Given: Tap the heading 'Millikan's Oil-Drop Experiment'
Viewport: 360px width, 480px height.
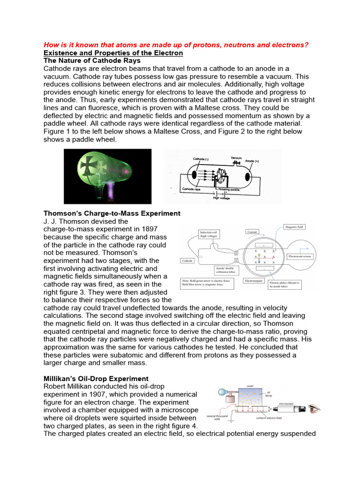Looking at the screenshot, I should [x=96, y=378].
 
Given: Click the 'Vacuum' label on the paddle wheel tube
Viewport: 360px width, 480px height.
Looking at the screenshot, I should [x=235, y=158].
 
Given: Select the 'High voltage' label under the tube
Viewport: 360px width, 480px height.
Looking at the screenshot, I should [x=222, y=198].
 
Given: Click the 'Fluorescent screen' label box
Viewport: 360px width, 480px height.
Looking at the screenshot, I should [x=300, y=256].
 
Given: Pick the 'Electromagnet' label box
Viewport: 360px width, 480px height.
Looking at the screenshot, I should [x=254, y=280].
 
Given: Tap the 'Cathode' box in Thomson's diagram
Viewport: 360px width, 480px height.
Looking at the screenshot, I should [x=187, y=261].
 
